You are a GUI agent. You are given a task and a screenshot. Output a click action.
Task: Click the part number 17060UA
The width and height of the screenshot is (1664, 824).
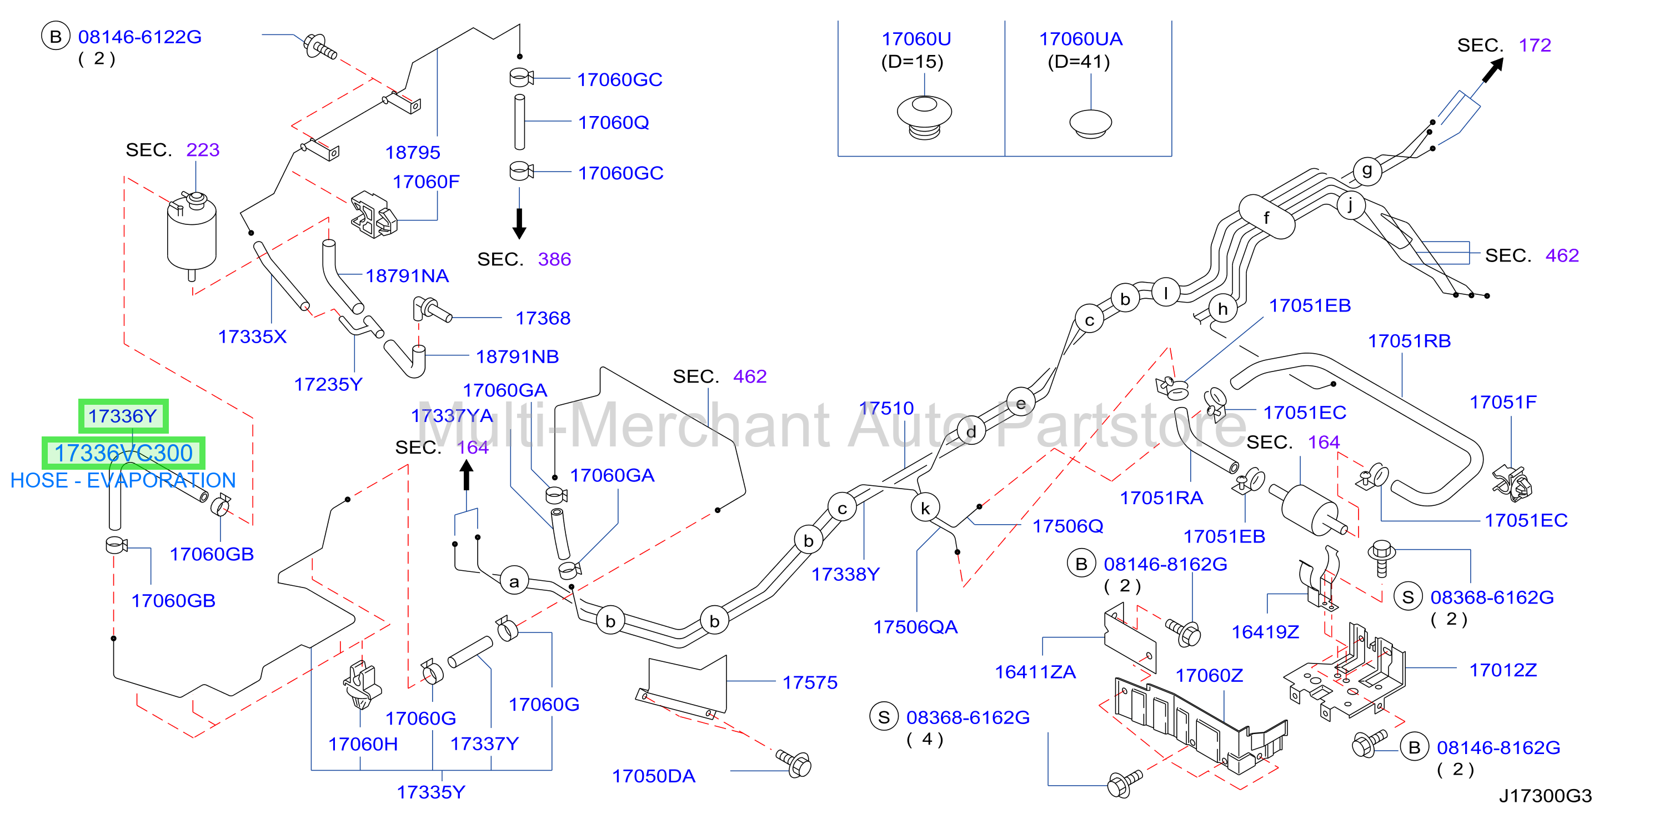point(1080,39)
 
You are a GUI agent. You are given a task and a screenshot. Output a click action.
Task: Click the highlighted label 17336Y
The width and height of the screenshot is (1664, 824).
point(123,416)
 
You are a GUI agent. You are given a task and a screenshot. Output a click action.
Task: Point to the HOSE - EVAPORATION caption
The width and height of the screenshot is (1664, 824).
point(123,480)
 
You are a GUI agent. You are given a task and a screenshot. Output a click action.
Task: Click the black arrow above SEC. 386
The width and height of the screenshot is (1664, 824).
point(519,223)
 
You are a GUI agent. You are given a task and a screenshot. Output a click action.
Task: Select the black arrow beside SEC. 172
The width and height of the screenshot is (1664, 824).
point(1493,70)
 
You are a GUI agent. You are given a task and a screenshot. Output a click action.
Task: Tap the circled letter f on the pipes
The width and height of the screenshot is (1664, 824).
point(1266,218)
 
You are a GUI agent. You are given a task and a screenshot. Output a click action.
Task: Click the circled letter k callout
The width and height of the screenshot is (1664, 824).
point(925,508)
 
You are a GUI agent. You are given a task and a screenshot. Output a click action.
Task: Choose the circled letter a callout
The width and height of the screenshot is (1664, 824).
point(514,581)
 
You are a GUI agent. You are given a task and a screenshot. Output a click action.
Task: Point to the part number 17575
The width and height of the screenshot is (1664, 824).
point(810,682)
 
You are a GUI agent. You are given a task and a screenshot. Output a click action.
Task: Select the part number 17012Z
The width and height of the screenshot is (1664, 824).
point(1503,670)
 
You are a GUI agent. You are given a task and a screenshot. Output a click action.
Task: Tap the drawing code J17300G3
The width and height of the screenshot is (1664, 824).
point(1545,796)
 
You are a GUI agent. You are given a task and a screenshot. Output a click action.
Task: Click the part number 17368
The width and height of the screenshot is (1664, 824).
point(543,318)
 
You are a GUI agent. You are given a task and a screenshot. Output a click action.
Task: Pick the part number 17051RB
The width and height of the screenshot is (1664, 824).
point(1410,341)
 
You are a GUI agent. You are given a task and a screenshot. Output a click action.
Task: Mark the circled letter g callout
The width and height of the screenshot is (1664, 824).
point(1367,170)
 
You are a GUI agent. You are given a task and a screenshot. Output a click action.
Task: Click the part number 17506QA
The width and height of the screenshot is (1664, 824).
point(915,627)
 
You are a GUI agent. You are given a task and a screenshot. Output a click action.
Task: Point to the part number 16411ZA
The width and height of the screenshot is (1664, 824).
point(1035,672)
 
